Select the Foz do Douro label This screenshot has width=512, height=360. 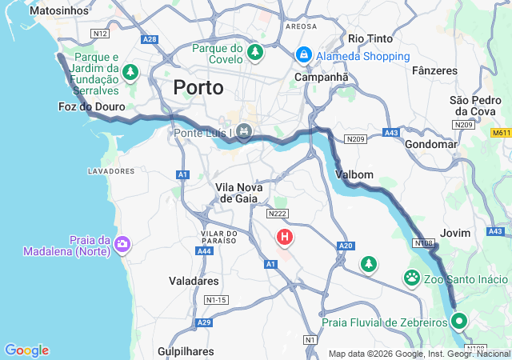(x=88, y=106)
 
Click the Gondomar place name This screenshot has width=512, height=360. (x=431, y=144)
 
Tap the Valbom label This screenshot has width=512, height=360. (x=354, y=174)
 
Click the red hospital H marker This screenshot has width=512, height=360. (x=284, y=237)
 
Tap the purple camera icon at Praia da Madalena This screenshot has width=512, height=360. (x=122, y=243)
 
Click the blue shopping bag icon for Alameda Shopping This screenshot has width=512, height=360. (x=303, y=55)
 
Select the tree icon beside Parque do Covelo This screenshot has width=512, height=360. (x=255, y=53)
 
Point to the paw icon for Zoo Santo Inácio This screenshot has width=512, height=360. (x=412, y=278)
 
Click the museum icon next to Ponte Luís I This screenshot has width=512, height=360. (x=244, y=131)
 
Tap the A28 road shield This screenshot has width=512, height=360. (x=150, y=38)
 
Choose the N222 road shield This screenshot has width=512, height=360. (x=278, y=213)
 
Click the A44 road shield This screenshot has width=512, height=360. (x=205, y=250)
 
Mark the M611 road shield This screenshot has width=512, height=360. (x=501, y=132)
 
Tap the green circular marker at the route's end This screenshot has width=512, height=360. (x=459, y=322)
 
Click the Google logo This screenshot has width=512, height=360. (x=26, y=350)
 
